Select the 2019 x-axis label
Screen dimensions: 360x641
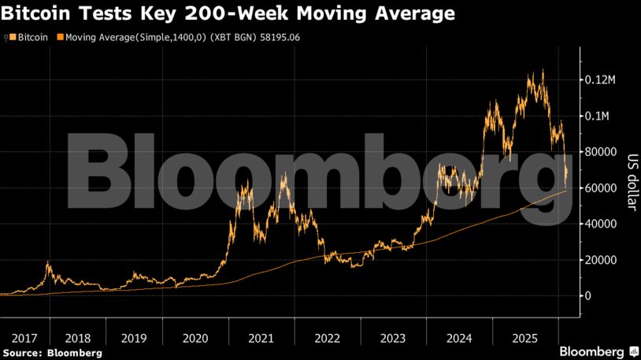[x=134, y=338]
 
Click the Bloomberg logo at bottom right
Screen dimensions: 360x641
[x=598, y=351]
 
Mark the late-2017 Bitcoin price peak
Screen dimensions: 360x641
[x=48, y=262]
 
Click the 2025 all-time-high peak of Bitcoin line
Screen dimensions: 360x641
[x=542, y=70]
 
